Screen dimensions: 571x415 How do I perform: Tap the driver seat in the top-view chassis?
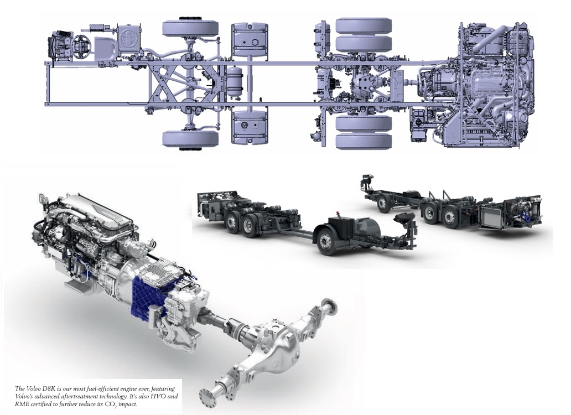coord(106,49)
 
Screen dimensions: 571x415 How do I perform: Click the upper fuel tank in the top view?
coord(250,38)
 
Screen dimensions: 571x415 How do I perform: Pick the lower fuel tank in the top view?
coord(250,127)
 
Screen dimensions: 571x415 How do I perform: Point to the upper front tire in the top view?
coord(190,28)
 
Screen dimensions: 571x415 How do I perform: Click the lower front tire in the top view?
coord(190,139)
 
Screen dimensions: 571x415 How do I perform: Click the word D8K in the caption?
coord(48,389)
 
